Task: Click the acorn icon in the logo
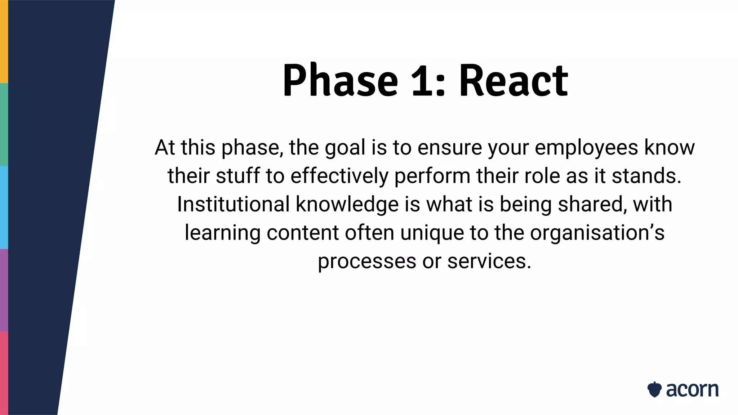654,389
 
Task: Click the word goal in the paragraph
345,148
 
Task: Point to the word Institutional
233,204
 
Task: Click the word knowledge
347,204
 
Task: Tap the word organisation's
597,233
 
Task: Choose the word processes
367,261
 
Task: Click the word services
489,261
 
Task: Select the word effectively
339,176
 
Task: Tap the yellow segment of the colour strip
4,41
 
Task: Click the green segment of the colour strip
4,124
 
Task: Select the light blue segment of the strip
4,207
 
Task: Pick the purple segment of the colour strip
4,290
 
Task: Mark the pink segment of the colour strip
4,373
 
